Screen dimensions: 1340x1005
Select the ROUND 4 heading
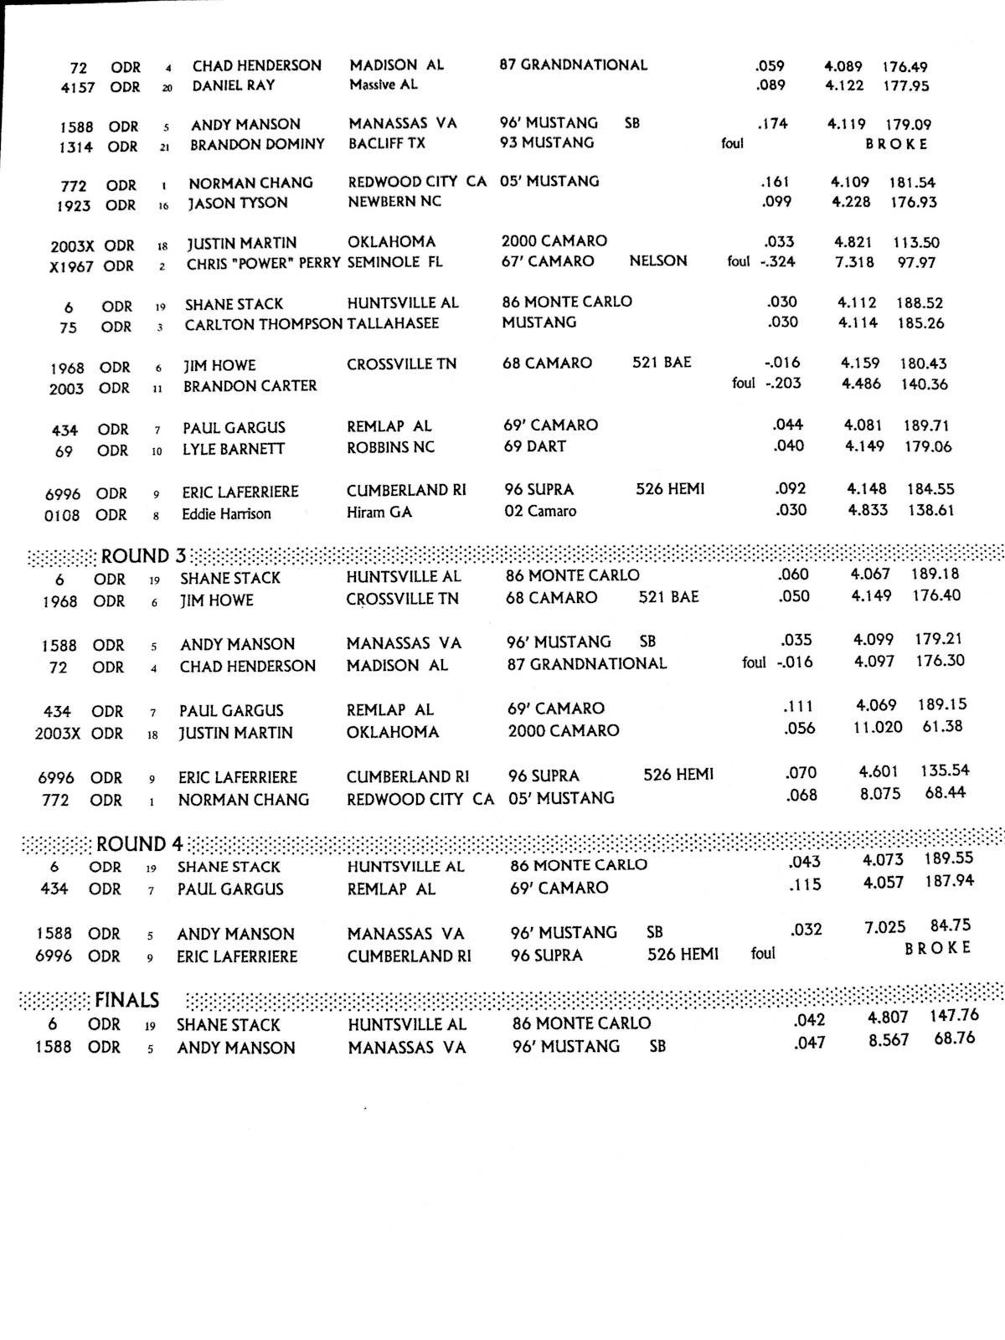tap(139, 843)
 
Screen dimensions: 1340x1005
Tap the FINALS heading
tap(126, 1000)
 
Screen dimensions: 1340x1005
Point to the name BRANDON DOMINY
tap(257, 144)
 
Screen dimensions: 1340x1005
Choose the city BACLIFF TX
tap(387, 143)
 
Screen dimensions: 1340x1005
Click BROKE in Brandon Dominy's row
tap(896, 144)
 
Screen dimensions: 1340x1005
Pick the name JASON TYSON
tap(237, 203)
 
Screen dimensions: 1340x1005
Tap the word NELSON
tap(657, 260)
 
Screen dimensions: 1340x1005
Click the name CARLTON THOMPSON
tap(264, 324)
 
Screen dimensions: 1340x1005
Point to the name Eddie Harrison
tap(226, 513)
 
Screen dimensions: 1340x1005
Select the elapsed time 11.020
tap(878, 727)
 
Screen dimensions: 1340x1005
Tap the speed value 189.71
tap(926, 425)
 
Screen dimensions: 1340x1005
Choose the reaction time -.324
tap(777, 261)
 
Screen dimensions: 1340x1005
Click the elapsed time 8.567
tap(889, 1041)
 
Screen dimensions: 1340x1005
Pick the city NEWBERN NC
tap(394, 201)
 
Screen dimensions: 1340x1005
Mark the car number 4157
tap(78, 87)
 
